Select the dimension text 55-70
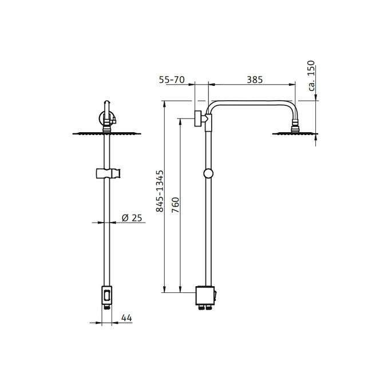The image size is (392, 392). pyautogui.click(x=171, y=80)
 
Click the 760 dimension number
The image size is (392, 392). pyautogui.click(x=176, y=204)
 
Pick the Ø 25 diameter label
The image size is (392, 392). pyautogui.click(x=132, y=217)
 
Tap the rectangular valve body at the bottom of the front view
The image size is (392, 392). pyautogui.click(x=107, y=295)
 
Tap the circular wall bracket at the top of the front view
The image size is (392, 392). pyautogui.click(x=106, y=119)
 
